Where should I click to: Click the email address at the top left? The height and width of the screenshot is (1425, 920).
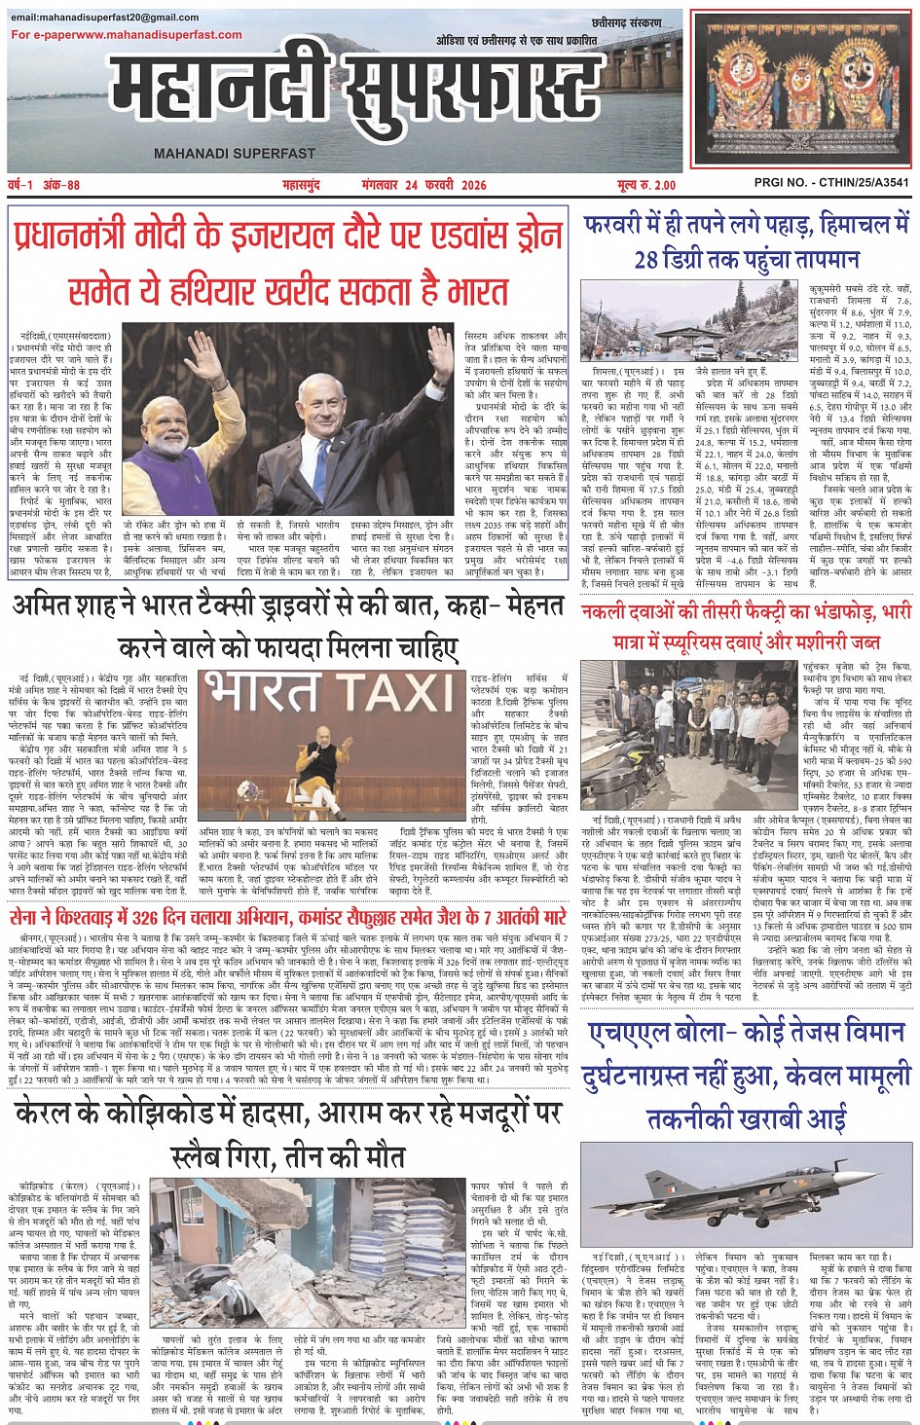point(105,18)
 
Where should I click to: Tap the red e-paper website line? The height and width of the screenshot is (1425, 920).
point(127,34)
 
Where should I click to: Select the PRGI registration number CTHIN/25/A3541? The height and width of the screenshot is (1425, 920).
point(831,183)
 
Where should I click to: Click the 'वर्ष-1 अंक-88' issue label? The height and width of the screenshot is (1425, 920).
point(45,184)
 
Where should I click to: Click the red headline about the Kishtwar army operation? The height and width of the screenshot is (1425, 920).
point(288,917)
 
